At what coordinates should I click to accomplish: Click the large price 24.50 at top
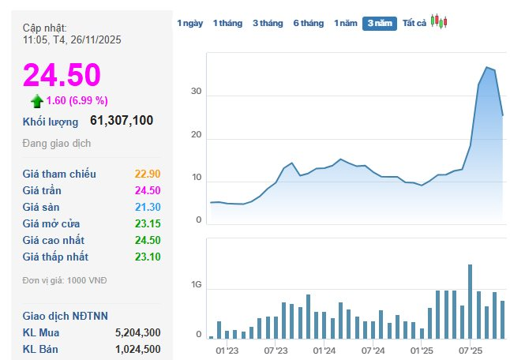pyautogui.click(x=62, y=75)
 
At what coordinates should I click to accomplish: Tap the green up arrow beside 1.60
pyautogui.click(x=36, y=101)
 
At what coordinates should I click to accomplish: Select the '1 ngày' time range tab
pyautogui.click(x=189, y=24)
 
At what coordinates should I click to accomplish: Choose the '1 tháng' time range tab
pyautogui.click(x=227, y=24)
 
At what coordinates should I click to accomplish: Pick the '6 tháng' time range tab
pyautogui.click(x=308, y=24)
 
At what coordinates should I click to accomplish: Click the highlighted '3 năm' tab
pyautogui.click(x=379, y=24)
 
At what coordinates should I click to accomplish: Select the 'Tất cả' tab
pyautogui.click(x=414, y=24)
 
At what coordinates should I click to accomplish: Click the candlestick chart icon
pyautogui.click(x=439, y=23)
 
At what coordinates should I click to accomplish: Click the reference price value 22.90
pyautogui.click(x=148, y=174)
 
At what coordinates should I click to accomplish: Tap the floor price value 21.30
pyautogui.click(x=148, y=207)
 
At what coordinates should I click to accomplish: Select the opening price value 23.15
pyautogui.click(x=148, y=223)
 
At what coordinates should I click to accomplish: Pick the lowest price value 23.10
pyautogui.click(x=148, y=257)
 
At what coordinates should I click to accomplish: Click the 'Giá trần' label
pyautogui.click(x=42, y=190)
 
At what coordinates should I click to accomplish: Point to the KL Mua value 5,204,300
pyautogui.click(x=137, y=332)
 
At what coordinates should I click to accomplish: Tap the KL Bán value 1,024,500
pyautogui.click(x=137, y=349)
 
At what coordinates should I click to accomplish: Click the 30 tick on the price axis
pyautogui.click(x=197, y=92)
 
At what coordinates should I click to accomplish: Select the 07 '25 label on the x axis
pyautogui.click(x=470, y=349)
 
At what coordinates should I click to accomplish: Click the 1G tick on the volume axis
pyautogui.click(x=196, y=291)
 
